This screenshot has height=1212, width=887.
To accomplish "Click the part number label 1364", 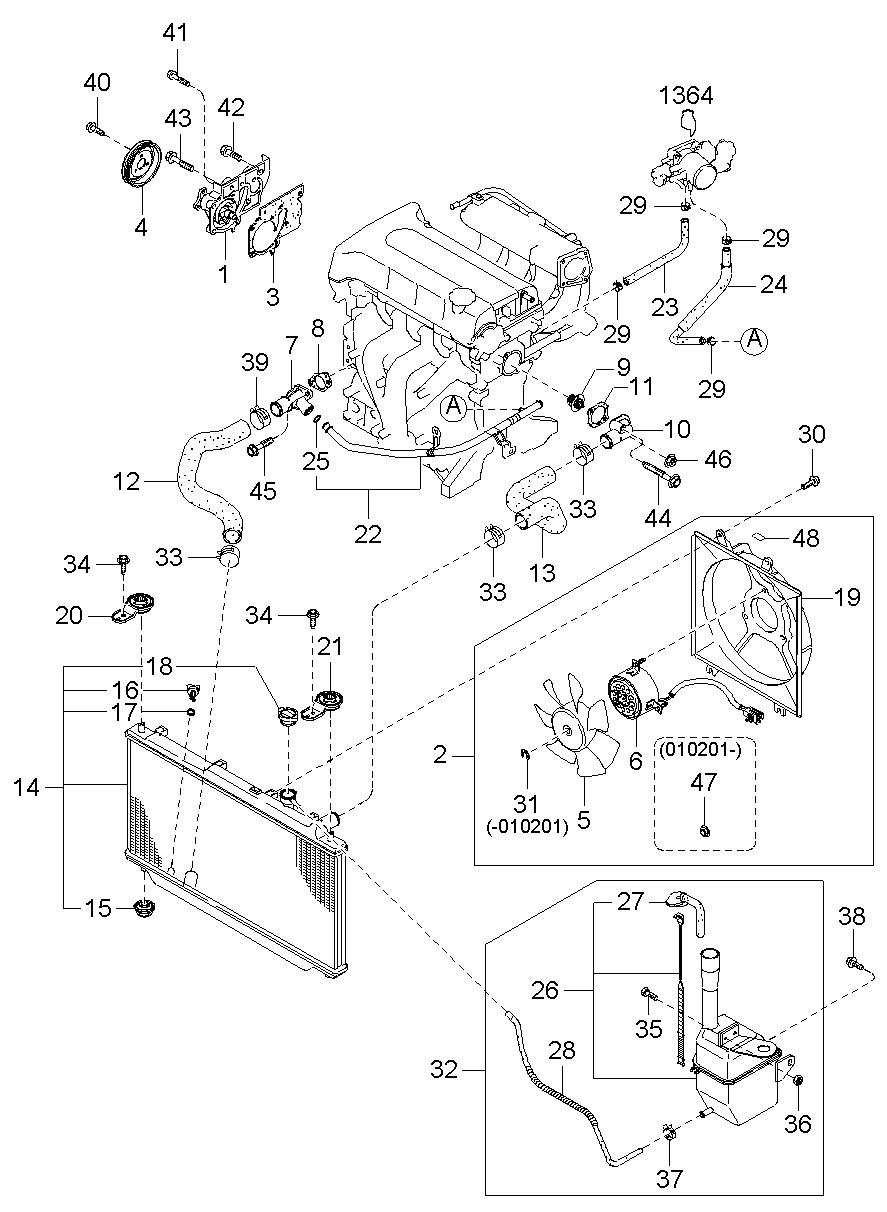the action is click(686, 95).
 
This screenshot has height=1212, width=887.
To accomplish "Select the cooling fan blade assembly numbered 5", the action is click(576, 723).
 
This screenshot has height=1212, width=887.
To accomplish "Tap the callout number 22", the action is click(368, 534).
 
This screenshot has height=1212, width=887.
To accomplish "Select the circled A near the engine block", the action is click(454, 407).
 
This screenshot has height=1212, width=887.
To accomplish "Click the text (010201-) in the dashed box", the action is click(699, 750).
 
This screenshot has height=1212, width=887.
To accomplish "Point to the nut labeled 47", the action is click(704, 829).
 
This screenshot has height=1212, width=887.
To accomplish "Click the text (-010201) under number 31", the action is click(527, 827).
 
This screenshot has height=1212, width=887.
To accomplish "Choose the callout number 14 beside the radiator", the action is click(27, 787).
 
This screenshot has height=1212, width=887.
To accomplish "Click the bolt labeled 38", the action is click(852, 963).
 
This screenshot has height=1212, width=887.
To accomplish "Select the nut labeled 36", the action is click(799, 1096).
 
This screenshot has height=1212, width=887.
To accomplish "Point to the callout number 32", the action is click(444, 1069).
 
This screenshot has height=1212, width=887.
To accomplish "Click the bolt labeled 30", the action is click(811, 480).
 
